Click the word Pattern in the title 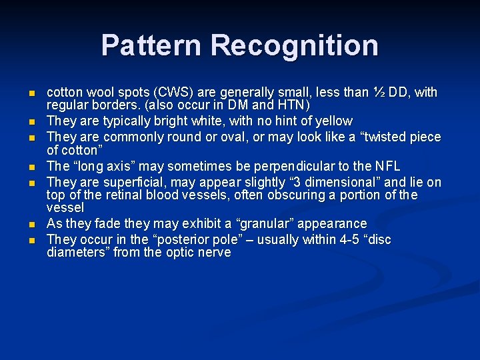pos(152,45)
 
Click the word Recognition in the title pos(295,45)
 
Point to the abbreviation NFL pos(386,167)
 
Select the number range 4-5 pos(346,239)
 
